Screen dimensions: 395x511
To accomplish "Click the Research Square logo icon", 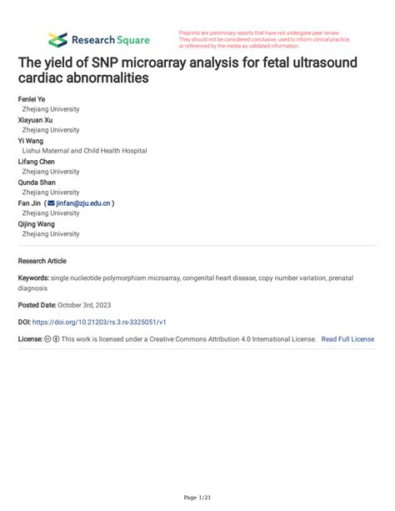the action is pyautogui.click(x=57, y=39).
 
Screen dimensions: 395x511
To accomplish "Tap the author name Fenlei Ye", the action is pyautogui.click(x=32, y=98).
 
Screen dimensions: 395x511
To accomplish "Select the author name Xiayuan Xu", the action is pyautogui.click(x=36, y=119).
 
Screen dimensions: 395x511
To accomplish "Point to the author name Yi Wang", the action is pyautogui.click(x=31, y=140).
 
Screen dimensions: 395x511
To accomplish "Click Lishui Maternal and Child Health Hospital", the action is pyautogui.click(x=84, y=151).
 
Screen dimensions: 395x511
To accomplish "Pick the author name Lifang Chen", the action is pyautogui.click(x=37, y=161).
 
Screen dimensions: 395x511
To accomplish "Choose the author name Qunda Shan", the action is pyautogui.click(x=36, y=182).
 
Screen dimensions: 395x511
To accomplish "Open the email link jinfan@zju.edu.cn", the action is pyautogui.click(x=83, y=203).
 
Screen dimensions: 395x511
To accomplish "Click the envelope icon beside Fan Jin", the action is pyautogui.click(x=52, y=203).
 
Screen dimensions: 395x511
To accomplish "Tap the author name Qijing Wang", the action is pyautogui.click(x=36, y=223).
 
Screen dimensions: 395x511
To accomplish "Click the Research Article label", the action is pyautogui.click(x=42, y=261).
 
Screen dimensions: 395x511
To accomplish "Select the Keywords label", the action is pyautogui.click(x=33, y=277).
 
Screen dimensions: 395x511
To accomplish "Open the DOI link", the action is pyautogui.click(x=99, y=321).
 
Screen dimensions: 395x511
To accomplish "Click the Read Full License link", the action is pyautogui.click(x=347, y=339).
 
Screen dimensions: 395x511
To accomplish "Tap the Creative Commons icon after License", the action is pyautogui.click(x=47, y=339).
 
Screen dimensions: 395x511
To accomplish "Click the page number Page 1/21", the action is pyautogui.click(x=197, y=498).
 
